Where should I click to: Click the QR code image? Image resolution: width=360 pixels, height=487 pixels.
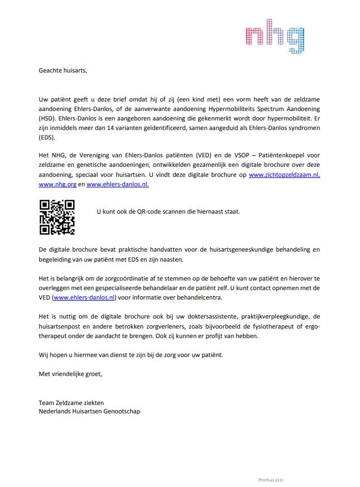57,216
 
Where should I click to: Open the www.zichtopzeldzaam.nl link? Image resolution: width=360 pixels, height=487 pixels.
284,175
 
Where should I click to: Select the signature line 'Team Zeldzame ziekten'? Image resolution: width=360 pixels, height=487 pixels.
71,403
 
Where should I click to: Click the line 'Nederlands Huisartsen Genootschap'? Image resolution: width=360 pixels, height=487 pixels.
89,412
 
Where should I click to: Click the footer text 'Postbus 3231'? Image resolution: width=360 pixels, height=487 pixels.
271,480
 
